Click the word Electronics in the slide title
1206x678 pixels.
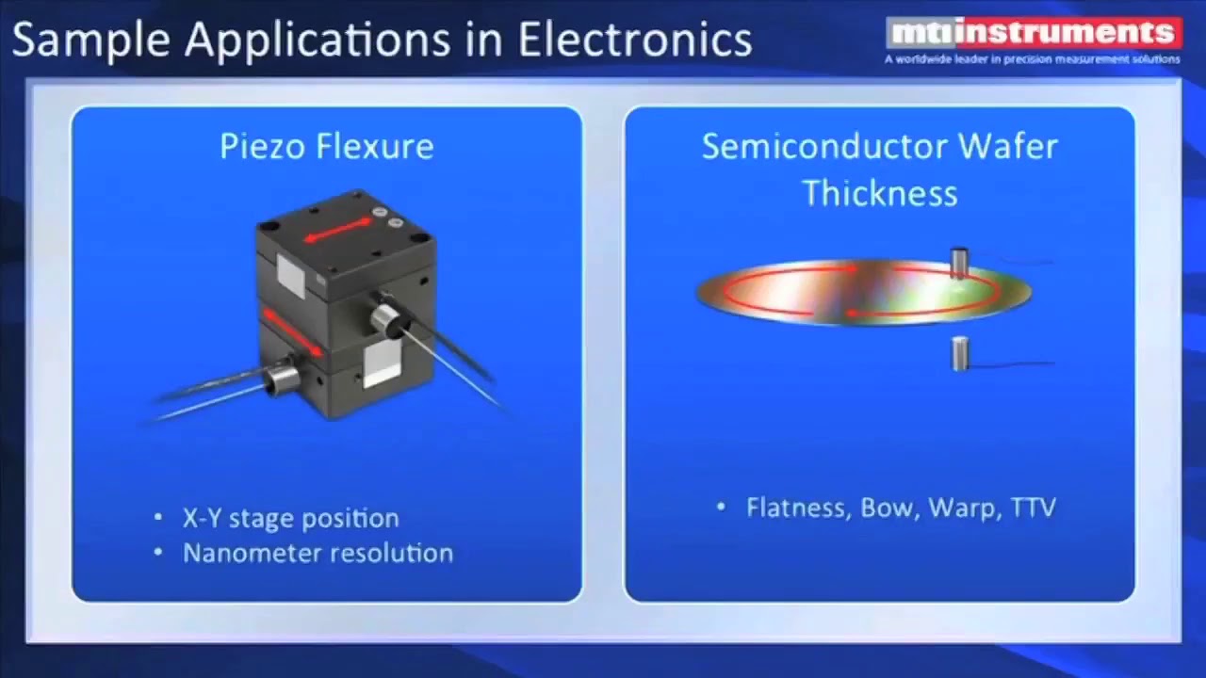pos(634,40)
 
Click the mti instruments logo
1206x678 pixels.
pos(1033,33)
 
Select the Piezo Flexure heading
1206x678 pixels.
pos(326,146)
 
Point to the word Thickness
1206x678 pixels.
pos(880,193)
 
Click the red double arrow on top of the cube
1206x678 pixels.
pos(337,230)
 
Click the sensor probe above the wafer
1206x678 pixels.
pos(959,263)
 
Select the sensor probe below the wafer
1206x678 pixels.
pos(959,353)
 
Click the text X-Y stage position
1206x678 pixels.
pos(290,518)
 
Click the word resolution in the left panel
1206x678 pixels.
pos(399,553)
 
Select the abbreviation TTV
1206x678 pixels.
pos(1033,508)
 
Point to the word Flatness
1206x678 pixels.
pos(799,508)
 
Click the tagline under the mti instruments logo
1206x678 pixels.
pos(1031,59)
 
